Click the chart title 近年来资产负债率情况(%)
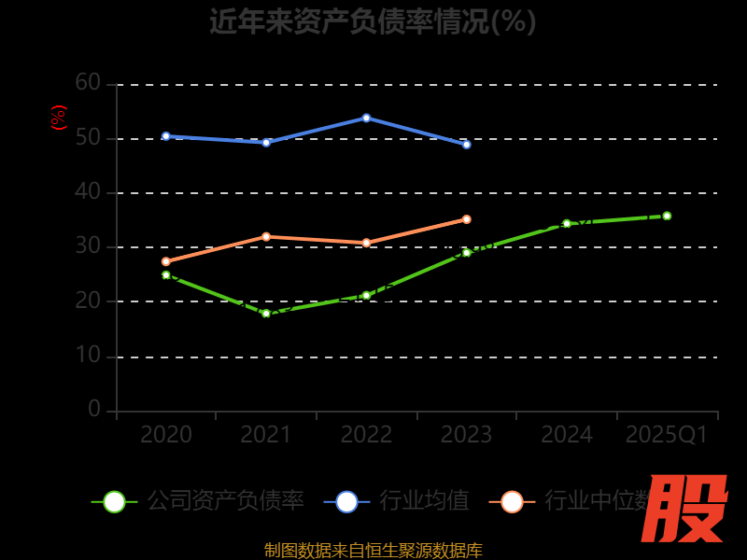point(373,21)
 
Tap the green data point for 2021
point(266,314)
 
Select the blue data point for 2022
point(366,118)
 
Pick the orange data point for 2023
point(466,219)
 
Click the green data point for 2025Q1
point(667,216)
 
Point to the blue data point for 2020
point(166,136)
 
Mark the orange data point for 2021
point(266,236)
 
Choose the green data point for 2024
point(567,224)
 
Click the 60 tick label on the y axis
point(88,83)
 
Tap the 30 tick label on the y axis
point(88,246)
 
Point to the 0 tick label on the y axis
point(94,409)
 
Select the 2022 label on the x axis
point(366,435)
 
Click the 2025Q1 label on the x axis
point(667,435)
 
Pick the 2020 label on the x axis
point(166,435)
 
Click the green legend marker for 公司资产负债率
point(114,501)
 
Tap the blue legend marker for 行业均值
point(346,501)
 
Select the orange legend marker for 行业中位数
point(512,501)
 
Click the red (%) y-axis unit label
point(59,118)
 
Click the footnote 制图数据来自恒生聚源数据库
point(373,551)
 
